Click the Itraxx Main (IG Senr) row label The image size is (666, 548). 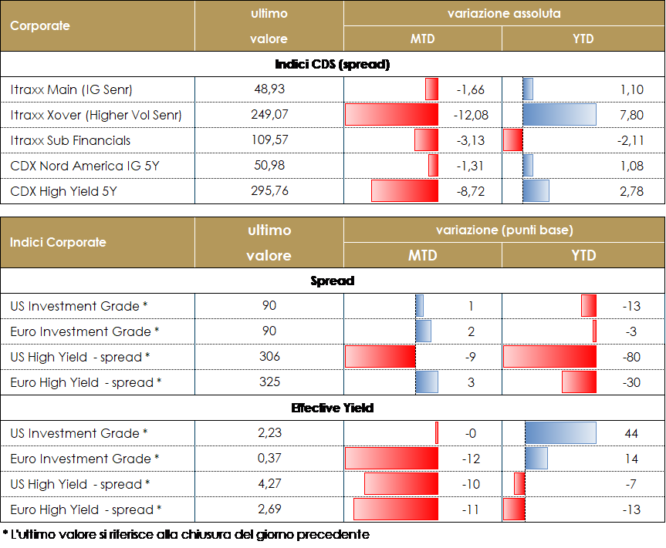coord(72,90)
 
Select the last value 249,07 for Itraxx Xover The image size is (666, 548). coord(269,115)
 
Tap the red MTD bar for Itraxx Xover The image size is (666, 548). coord(391,115)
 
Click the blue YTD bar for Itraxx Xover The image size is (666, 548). coord(559,115)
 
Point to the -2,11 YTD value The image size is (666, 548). coord(631,140)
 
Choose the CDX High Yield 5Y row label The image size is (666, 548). coord(64,191)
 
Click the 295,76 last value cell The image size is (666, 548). coord(269,190)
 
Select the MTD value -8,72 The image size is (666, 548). coord(470,191)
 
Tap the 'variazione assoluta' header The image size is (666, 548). coord(504,14)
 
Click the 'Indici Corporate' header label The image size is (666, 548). coord(58,242)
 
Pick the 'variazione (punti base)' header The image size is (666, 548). coord(504,230)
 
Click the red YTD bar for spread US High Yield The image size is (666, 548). coord(549,357)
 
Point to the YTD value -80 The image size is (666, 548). coord(631,357)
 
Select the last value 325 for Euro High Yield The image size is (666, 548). coord(269,382)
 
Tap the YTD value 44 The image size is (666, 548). coord(631,434)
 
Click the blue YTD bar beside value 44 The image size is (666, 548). coord(560,433)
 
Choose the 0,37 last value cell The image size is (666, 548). coord(269,459)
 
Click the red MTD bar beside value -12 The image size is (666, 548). coord(391,459)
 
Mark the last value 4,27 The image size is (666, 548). coord(269,484)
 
